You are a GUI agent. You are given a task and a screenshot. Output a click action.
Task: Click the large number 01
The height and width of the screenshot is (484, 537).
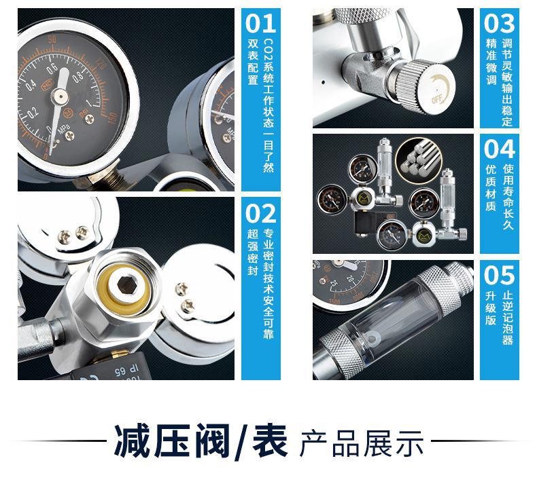pos(260,23)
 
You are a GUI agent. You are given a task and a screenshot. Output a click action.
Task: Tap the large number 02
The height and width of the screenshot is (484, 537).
pos(260,213)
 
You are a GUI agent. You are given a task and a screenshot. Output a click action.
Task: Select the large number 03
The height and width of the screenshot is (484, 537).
pos(500,23)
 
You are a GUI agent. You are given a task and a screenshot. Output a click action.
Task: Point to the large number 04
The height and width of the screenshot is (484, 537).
pos(500,149)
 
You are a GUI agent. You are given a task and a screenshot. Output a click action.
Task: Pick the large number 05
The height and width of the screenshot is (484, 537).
pos(500,276)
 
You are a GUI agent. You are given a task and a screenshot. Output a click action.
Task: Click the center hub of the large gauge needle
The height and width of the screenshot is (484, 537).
pos(60,96)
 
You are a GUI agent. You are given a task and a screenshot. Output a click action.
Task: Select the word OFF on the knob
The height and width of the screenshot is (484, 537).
pos(437,100)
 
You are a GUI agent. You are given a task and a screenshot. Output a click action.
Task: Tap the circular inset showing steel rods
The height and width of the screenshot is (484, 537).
pos(419,160)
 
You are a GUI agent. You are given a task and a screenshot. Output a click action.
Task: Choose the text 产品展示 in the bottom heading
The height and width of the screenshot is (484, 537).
pos(362,444)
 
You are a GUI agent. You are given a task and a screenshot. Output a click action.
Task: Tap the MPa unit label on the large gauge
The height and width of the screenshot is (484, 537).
pos(64,130)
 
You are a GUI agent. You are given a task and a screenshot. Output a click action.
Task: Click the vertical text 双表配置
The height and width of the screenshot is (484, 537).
pos(253,62)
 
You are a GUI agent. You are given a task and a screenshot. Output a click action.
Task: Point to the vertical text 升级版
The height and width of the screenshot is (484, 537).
pos(491,308)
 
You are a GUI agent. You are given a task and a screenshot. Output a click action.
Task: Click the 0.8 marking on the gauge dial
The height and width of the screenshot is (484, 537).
pos(78,76)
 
